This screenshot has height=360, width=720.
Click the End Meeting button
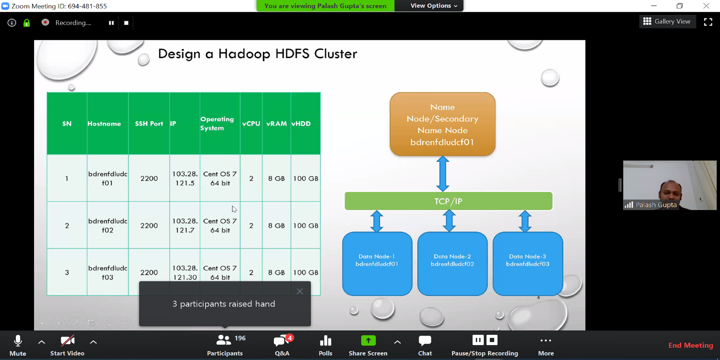point(691,345)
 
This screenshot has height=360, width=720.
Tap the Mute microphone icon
point(18,341)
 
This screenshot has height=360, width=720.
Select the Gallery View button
point(667,22)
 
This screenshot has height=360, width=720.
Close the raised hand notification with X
point(300,291)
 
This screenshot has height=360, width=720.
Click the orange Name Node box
point(443,124)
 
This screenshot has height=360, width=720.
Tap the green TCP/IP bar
point(448,201)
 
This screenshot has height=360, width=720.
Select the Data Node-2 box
point(452,264)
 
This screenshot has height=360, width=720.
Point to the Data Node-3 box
point(528,264)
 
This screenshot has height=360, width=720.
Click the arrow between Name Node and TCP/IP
point(443,174)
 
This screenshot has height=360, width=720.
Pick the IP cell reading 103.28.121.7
point(185,225)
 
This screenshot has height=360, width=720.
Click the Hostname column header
point(104,124)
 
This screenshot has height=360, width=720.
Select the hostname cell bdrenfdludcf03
point(108,272)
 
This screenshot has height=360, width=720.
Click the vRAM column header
point(276,124)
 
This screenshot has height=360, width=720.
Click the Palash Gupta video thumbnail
point(670,185)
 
